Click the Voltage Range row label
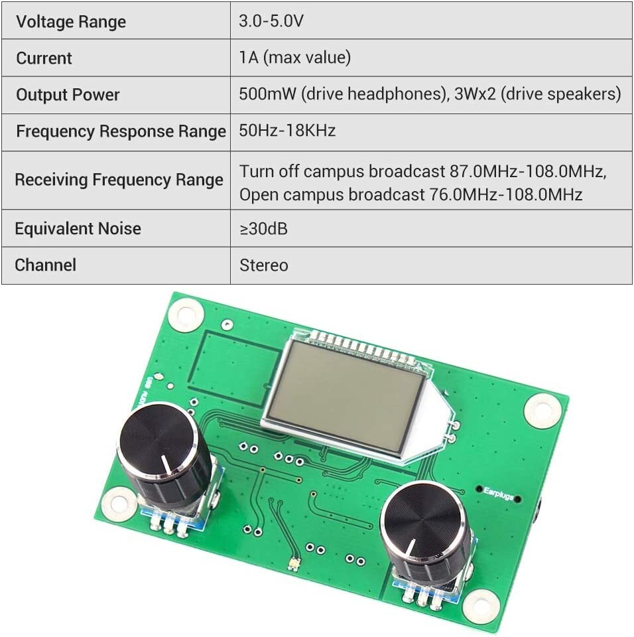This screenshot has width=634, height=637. [x=71, y=22]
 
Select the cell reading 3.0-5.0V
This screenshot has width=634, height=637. [x=271, y=21]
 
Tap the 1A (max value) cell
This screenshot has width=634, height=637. [x=294, y=58]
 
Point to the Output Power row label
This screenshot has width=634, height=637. [x=68, y=95]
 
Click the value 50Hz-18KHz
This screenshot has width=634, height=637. [x=287, y=131]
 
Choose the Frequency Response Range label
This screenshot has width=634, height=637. [x=121, y=131]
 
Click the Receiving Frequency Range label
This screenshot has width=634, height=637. [x=119, y=180]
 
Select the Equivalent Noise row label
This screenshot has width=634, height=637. [x=78, y=229]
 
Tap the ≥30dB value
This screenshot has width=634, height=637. [x=263, y=229]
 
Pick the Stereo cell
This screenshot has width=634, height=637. [x=263, y=265]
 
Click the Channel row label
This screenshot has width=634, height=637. [x=45, y=265]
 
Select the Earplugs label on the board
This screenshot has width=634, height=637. [x=499, y=493]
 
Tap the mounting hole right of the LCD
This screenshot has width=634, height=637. [x=542, y=409]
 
